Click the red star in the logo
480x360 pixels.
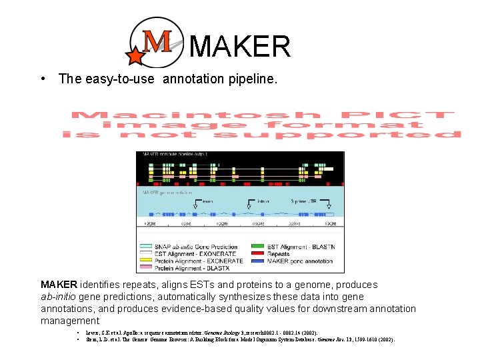(x=135, y=56)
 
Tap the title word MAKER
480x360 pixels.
(x=240, y=47)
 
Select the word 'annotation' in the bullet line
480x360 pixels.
(x=194, y=79)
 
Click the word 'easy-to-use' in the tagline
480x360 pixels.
(x=121, y=79)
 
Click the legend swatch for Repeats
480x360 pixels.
(x=256, y=253)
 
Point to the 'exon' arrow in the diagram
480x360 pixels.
(x=207, y=200)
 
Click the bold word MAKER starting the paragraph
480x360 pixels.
(x=59, y=285)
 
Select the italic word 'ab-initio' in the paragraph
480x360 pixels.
(x=63, y=297)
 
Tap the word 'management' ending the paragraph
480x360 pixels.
(x=69, y=321)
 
